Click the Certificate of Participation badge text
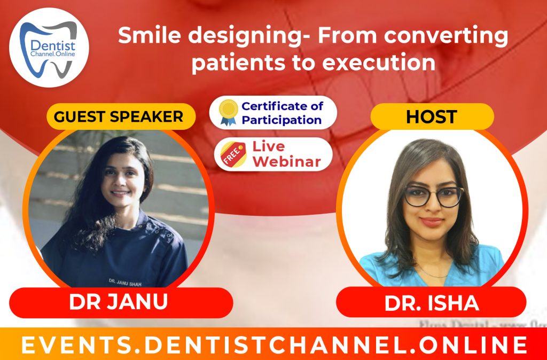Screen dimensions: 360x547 pyautogui.click(x=282, y=113)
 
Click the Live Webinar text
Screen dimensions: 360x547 pyautogui.click(x=286, y=153)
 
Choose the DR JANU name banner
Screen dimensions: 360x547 pyautogui.click(x=119, y=302)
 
